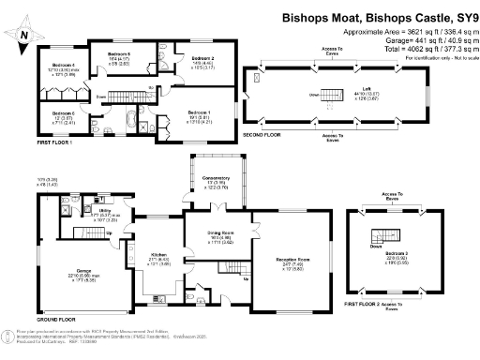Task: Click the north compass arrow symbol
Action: click(22, 33)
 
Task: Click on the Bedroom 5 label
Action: click(118, 54)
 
